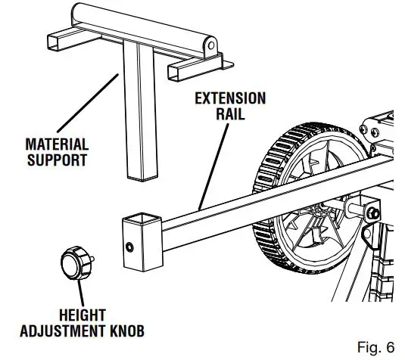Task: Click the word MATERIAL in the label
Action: (57, 144)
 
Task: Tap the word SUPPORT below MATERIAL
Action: (57, 160)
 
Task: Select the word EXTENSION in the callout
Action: (230, 98)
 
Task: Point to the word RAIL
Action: (230, 115)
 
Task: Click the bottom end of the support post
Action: (140, 175)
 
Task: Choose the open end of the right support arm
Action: (175, 73)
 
